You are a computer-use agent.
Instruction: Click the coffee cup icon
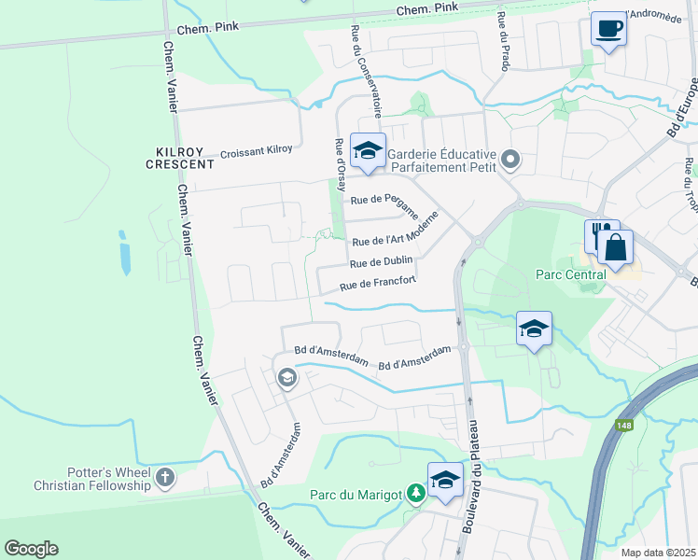tap(608, 29)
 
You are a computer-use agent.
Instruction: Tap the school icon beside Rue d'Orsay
tap(368, 150)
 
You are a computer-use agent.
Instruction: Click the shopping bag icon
tap(616, 248)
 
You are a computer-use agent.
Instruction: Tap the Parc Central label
tap(570, 274)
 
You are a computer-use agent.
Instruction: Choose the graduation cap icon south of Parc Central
tap(534, 329)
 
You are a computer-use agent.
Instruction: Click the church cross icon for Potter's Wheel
tap(165, 478)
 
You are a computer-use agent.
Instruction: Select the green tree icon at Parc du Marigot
tap(413, 491)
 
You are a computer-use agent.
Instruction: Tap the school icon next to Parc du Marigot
tap(445, 481)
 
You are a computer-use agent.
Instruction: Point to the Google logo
tap(31, 549)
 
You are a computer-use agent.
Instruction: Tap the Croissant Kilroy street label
tap(256, 149)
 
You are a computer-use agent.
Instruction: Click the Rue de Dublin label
tap(382, 261)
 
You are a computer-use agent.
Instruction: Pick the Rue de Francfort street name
tap(376, 283)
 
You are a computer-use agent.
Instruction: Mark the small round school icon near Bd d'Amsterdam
tap(286, 377)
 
